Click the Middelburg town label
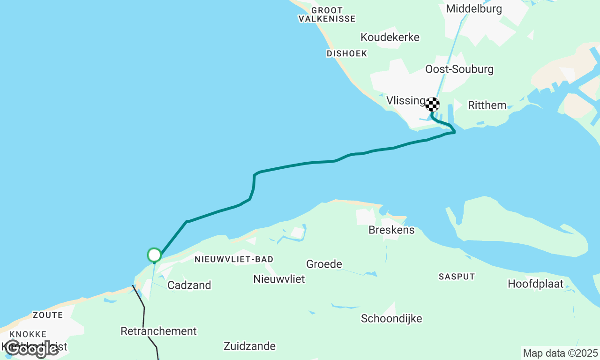pyautogui.click(x=473, y=9)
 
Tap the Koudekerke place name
pyautogui.click(x=390, y=37)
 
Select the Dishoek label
pyautogui.click(x=347, y=54)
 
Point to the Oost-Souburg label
pyautogui.click(x=459, y=69)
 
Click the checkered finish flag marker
pyautogui.click(x=433, y=104)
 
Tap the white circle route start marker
pyautogui.click(x=154, y=255)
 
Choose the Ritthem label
pyautogui.click(x=487, y=105)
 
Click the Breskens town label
pyautogui.click(x=391, y=230)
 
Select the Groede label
pyautogui.click(x=324, y=264)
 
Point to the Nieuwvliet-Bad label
pyautogui.click(x=234, y=259)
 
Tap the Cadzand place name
pyautogui.click(x=189, y=285)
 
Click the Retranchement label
pyautogui.click(x=158, y=331)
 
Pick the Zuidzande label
pyautogui.click(x=249, y=346)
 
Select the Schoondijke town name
pyautogui.click(x=391, y=319)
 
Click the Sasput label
pyautogui.click(x=457, y=277)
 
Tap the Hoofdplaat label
pyautogui.click(x=535, y=284)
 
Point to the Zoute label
pyautogui.click(x=48, y=315)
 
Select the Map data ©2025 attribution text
pyautogui.click(x=560, y=353)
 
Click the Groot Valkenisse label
pyautogui.click(x=327, y=15)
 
